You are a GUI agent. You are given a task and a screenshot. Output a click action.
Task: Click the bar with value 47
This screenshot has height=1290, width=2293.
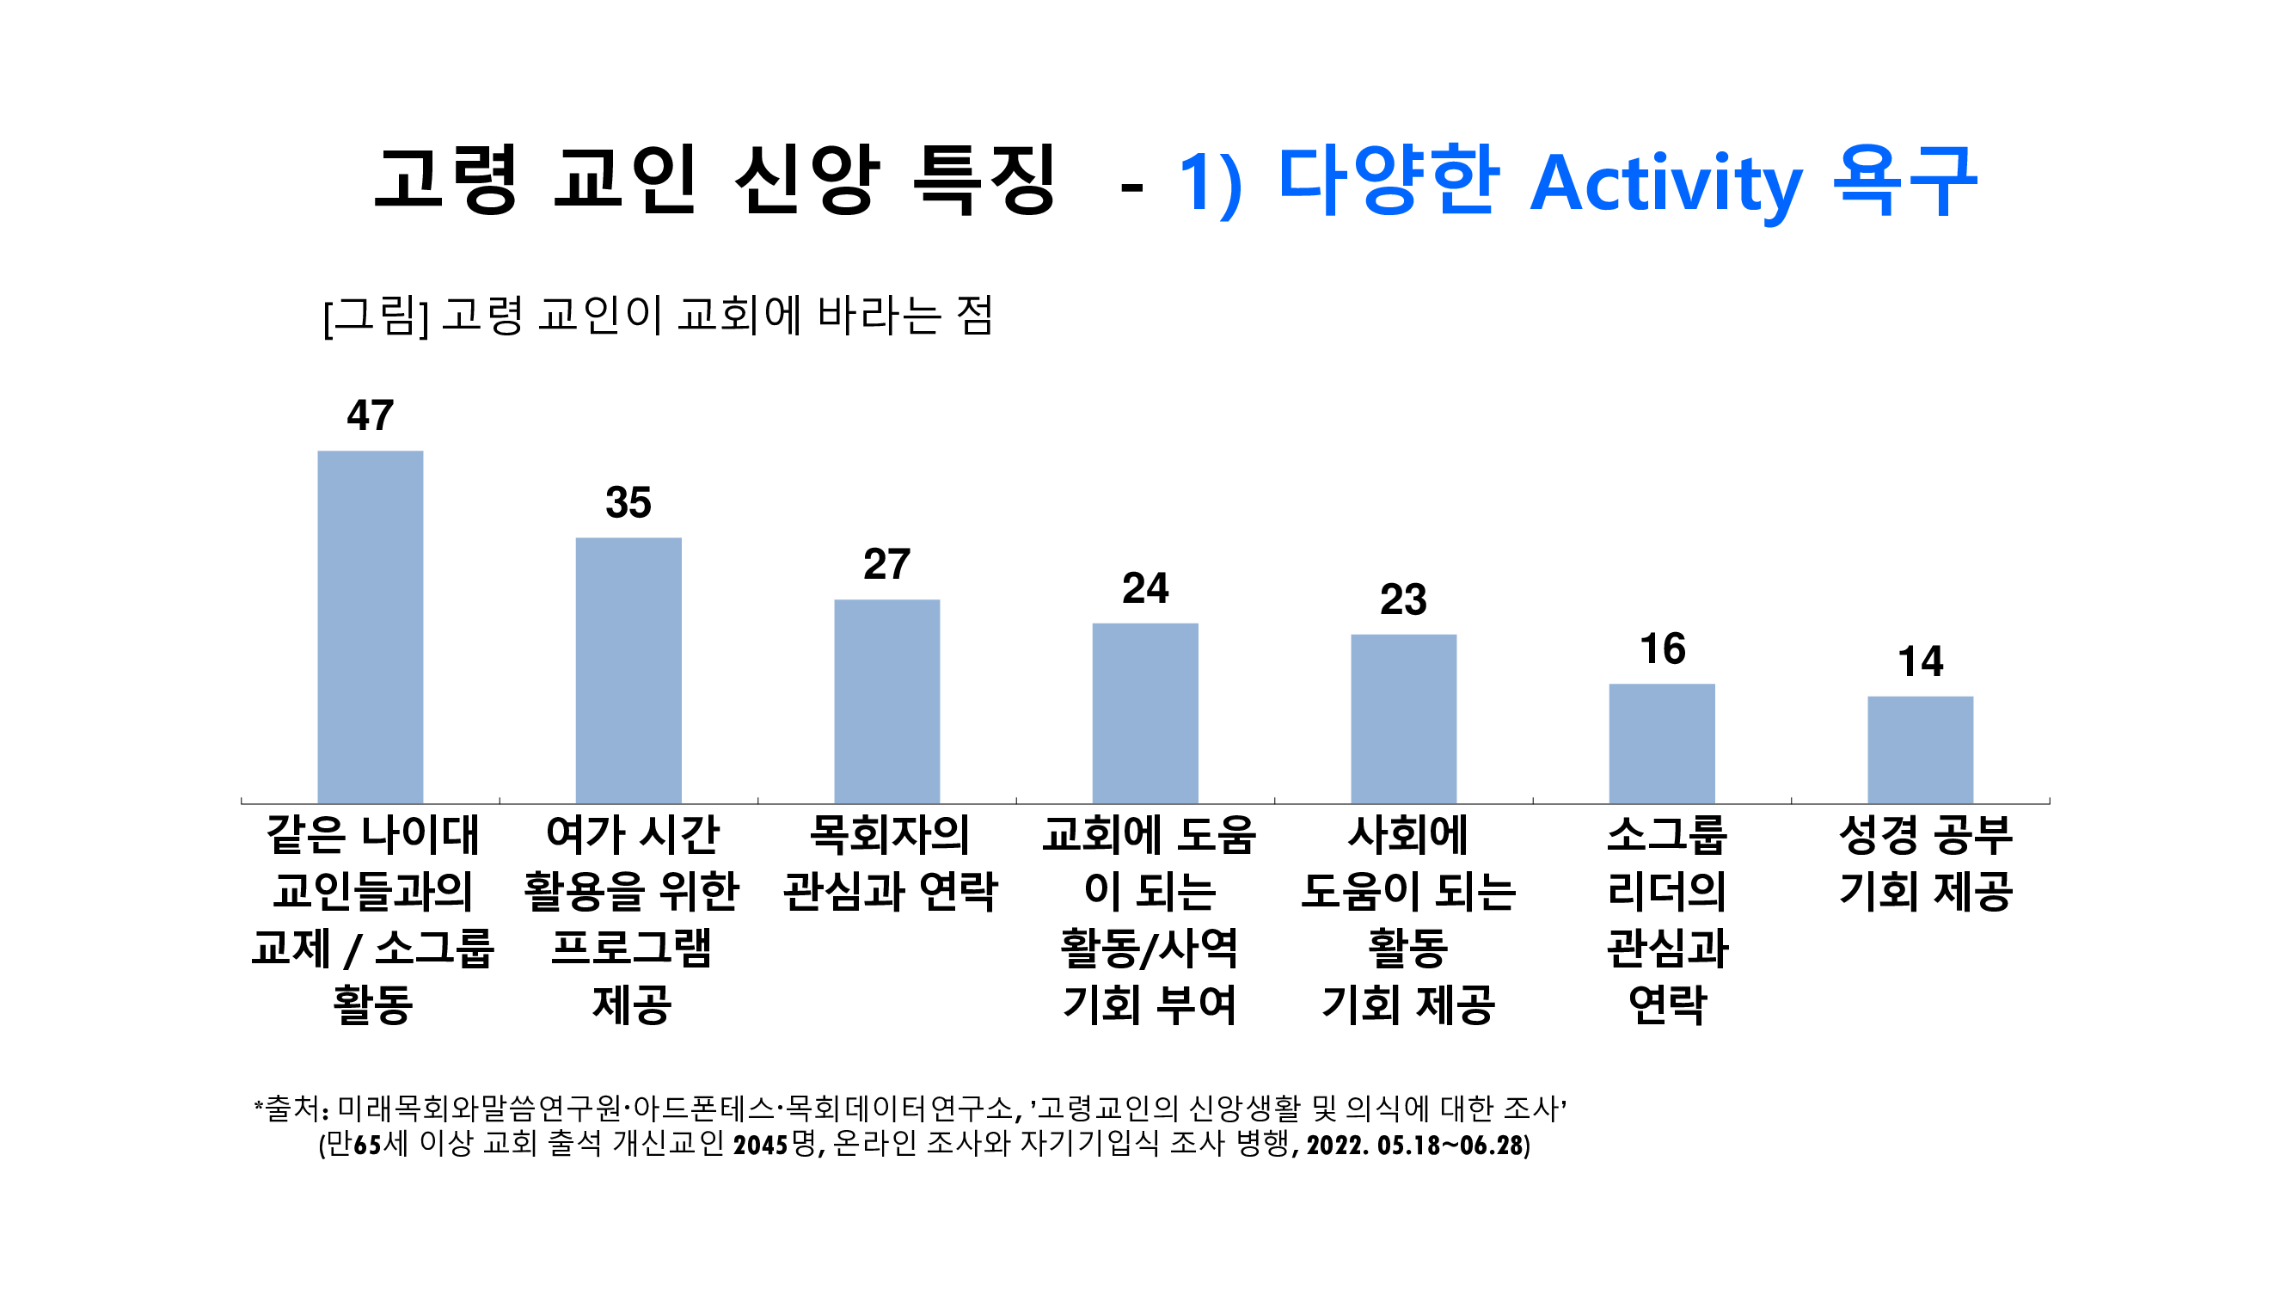371,627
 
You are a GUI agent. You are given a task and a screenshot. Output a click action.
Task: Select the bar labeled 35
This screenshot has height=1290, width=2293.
628,671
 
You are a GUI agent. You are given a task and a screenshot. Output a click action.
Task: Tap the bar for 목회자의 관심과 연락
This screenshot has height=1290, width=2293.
886,702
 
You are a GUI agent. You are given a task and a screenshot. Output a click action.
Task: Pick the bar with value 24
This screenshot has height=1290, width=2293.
1144,713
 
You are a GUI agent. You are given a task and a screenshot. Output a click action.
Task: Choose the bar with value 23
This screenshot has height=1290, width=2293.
1403,718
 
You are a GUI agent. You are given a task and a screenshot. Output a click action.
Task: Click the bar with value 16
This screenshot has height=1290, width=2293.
1662,743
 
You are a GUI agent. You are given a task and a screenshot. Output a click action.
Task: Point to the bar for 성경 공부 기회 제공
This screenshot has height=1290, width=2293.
1920,750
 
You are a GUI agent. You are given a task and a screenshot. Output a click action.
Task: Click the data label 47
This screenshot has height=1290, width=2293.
371,415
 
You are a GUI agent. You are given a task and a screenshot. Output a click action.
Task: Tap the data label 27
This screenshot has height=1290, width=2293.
886,564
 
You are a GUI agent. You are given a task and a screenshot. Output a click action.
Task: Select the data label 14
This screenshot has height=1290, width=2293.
1920,661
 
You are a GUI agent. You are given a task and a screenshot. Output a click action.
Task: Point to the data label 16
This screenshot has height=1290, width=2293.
1662,649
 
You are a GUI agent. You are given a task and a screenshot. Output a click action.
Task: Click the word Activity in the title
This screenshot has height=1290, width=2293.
1665,183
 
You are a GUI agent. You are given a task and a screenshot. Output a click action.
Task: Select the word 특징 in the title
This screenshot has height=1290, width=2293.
984,180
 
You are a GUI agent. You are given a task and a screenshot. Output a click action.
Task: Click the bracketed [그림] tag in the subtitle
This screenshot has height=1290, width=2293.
376,316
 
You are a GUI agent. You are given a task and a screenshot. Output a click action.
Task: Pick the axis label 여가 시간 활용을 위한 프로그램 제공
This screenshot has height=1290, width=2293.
631,918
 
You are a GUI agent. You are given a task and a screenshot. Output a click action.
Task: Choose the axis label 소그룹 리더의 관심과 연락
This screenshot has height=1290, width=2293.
1667,918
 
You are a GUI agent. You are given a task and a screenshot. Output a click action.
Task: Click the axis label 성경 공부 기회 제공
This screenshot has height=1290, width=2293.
1925,863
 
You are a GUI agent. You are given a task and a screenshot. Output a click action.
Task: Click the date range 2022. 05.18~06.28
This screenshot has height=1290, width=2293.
1418,1145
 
